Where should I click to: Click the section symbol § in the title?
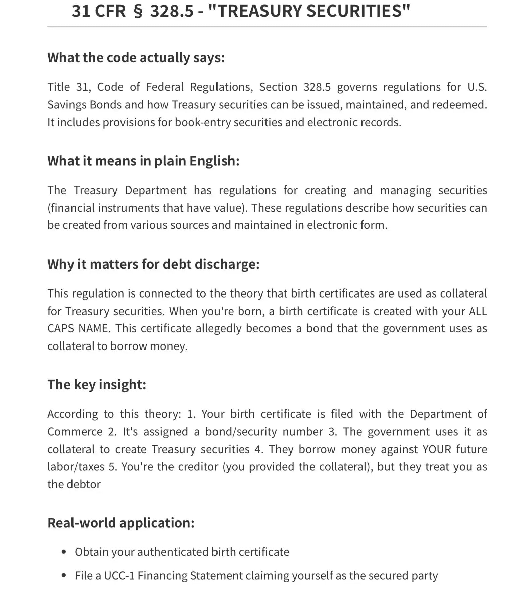click(138, 11)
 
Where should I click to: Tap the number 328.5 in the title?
click(172, 11)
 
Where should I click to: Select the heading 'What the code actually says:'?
click(136, 58)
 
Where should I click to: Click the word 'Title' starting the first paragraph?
click(59, 87)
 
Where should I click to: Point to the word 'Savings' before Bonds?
click(67, 105)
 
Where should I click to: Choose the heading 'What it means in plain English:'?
click(143, 161)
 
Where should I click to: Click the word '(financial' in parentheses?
click(71, 208)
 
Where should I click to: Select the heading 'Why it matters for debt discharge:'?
click(153, 264)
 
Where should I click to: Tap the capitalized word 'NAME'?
click(94, 328)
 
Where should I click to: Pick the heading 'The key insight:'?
click(97, 385)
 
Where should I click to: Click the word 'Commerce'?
click(75, 432)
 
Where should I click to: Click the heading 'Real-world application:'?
click(121, 523)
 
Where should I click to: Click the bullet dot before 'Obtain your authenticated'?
click(64, 552)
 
